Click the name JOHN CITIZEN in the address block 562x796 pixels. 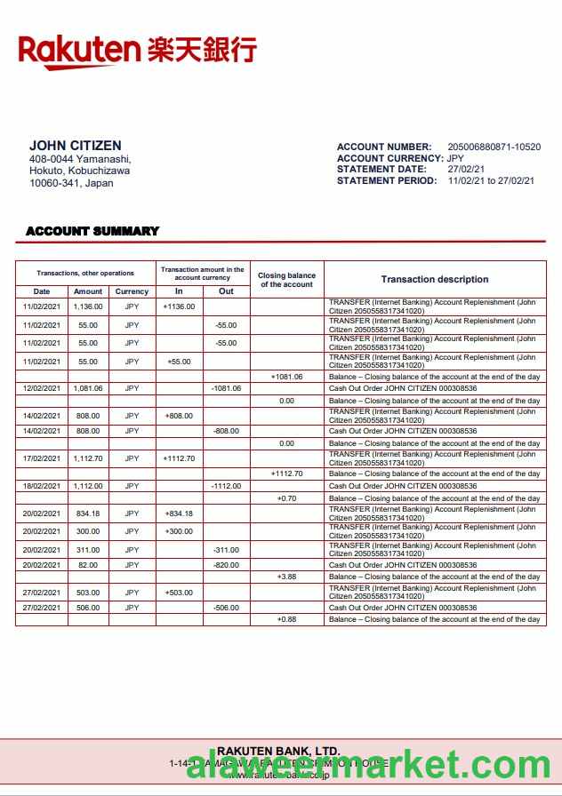click(76, 146)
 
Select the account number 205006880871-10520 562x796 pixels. click(494, 147)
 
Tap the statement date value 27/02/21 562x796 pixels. click(466, 169)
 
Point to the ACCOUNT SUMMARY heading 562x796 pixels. click(92, 231)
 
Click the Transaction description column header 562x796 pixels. click(435, 279)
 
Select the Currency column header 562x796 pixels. click(132, 291)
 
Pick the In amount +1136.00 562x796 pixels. click(179, 306)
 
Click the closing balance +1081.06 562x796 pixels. click(286, 377)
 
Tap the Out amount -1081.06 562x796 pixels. click(226, 388)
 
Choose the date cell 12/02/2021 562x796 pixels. click(42, 388)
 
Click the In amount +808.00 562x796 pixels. click(179, 416)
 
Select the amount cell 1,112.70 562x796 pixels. click(88, 458)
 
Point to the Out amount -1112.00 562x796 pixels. click(226, 486)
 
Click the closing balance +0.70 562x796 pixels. click(286, 498)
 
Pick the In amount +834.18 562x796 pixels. click(179, 513)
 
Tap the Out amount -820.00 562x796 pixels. click(226, 565)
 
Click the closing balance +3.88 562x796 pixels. click(286, 577)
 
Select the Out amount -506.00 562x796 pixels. click(226, 608)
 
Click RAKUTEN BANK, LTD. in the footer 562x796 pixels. click(278, 751)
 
